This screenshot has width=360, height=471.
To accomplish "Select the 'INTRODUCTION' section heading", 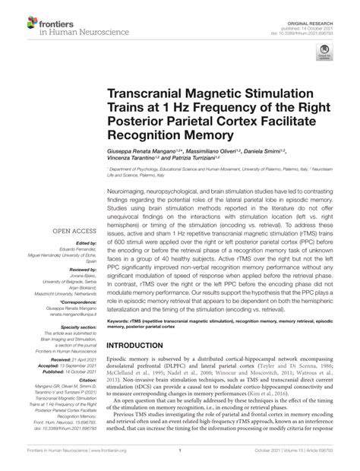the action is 142,365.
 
